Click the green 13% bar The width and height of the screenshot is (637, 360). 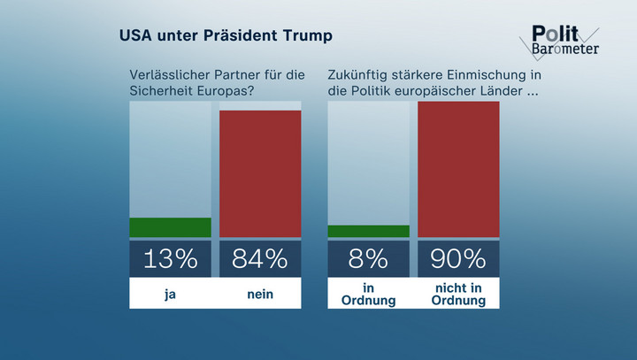[170, 227]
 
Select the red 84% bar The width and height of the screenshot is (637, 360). [260, 173]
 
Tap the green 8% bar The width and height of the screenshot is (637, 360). [368, 232]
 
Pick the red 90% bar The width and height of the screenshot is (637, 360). [458, 169]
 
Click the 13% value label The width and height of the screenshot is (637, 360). [170, 259]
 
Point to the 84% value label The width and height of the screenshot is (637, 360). [260, 259]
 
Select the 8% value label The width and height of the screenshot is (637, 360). [368, 259]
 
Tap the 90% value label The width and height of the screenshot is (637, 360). [458, 259]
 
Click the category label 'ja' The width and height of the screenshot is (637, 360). [170, 295]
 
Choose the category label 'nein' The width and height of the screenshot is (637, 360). [260, 295]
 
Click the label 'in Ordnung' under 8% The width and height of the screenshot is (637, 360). [368, 295]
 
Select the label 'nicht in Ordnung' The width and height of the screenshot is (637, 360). [458, 295]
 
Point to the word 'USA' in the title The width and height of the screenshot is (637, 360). [139, 37]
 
